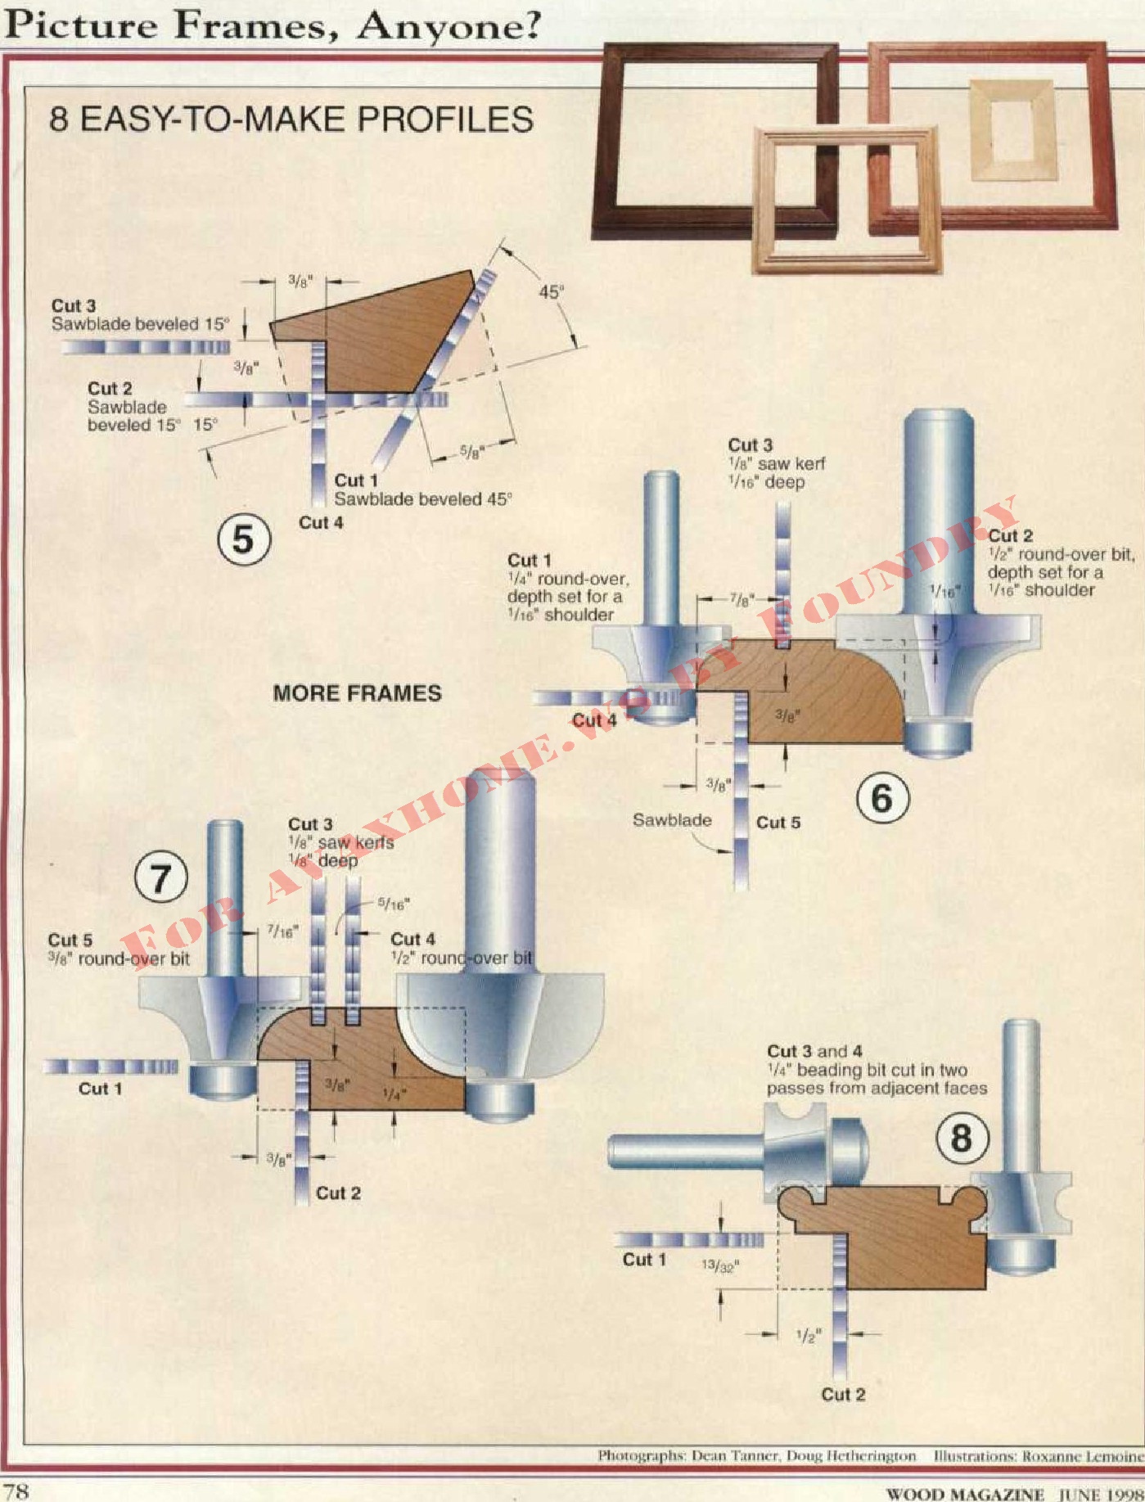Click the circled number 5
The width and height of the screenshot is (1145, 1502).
click(x=244, y=539)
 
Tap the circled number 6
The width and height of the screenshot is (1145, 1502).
click(x=881, y=798)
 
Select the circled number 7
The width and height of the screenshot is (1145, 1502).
click(x=160, y=878)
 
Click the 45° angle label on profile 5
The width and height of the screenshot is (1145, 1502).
click(x=551, y=292)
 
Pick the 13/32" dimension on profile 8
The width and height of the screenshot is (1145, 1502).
click(x=720, y=1266)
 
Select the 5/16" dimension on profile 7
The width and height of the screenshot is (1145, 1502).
click(x=394, y=904)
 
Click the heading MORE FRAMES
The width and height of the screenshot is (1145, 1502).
click(x=357, y=693)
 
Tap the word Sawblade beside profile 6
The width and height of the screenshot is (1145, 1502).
click(x=672, y=820)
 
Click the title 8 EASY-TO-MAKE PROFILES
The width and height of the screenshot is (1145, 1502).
click(x=291, y=120)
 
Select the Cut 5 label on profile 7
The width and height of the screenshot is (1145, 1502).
click(x=70, y=940)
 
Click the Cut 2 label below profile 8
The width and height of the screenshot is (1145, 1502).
click(x=843, y=1395)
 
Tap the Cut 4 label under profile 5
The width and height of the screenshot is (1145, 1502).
click(x=321, y=522)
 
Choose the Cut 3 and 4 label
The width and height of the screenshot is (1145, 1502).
click(x=814, y=1051)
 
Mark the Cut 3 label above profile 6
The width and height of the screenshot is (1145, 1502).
click(x=750, y=445)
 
